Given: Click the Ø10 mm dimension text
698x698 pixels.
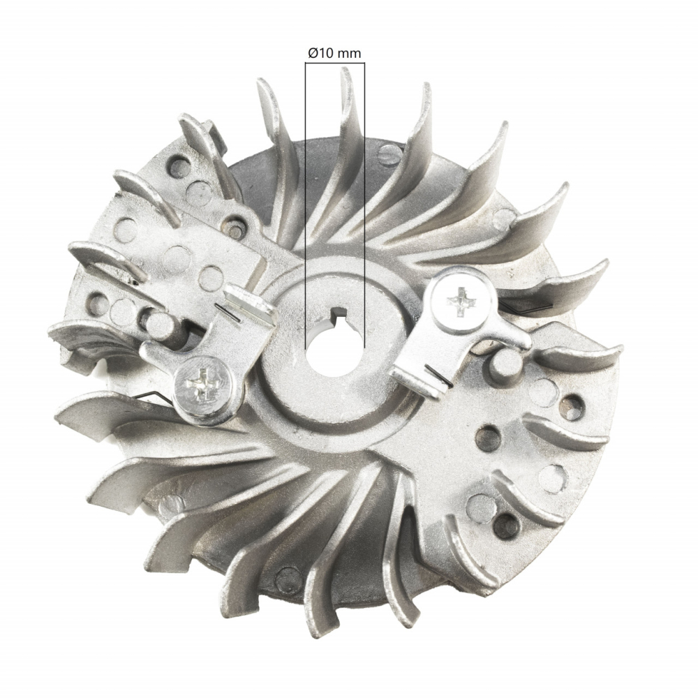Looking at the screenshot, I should pos(334,53).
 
